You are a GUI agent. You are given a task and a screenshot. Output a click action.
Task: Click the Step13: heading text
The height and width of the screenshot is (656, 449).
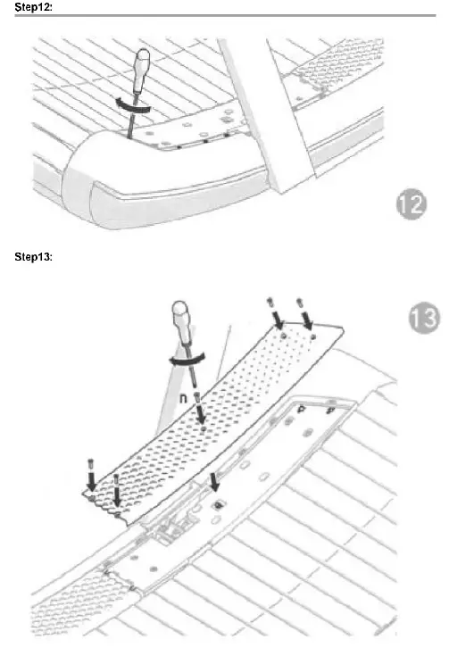click(x=33, y=258)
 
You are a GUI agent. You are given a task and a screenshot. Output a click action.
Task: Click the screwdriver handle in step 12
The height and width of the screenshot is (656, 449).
click(x=142, y=70)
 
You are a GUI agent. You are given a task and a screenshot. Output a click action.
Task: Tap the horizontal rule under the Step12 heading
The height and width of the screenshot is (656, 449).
click(x=223, y=16)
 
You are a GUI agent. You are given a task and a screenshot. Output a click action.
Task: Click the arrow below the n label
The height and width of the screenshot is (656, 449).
click(x=200, y=415)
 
